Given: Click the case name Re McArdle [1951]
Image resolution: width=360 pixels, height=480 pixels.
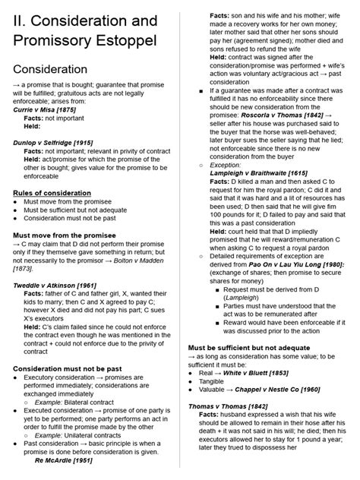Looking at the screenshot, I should (64, 459).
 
